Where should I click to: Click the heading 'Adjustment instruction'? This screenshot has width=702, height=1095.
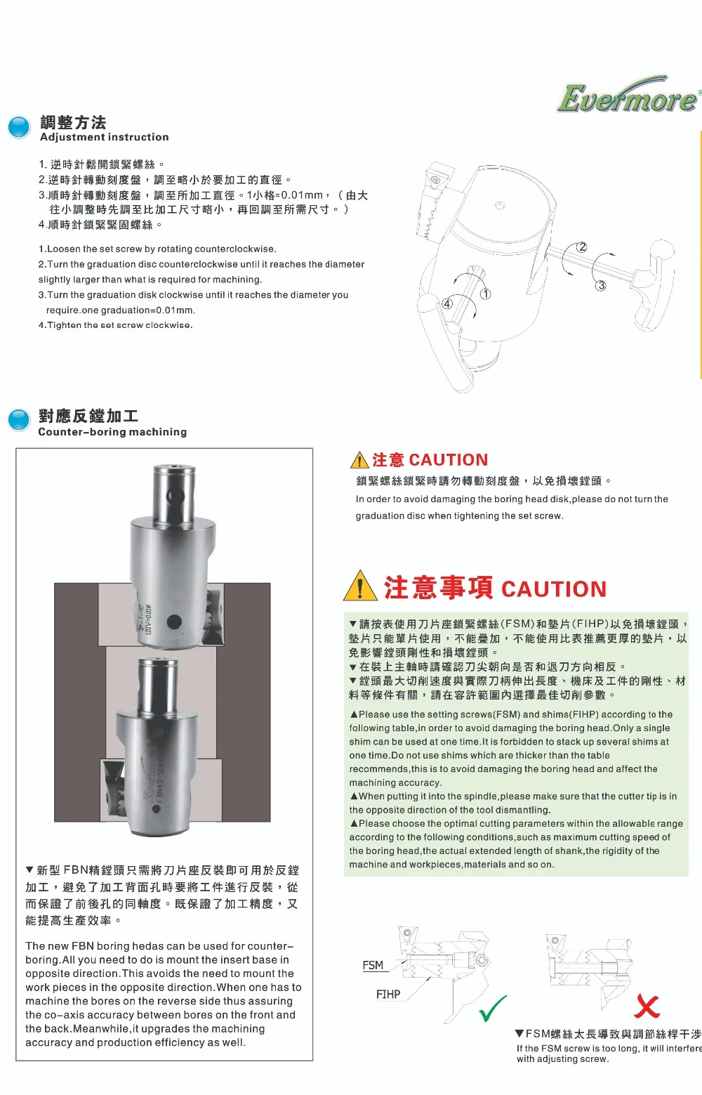(105, 138)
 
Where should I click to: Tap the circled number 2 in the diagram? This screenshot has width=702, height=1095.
(581, 247)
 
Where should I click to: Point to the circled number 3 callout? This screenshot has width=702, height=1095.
(601, 285)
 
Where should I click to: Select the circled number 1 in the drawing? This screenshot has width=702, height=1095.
(485, 294)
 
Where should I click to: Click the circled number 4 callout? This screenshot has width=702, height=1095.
(447, 304)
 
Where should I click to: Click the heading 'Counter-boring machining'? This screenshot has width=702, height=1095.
(112, 432)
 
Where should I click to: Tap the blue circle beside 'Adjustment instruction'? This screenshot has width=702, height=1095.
(20, 128)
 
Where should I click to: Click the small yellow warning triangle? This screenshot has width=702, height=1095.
(359, 459)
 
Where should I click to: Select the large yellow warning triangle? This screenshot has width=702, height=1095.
(361, 586)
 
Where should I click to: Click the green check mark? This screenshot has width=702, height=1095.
(492, 1009)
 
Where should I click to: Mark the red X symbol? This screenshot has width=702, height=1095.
(647, 1006)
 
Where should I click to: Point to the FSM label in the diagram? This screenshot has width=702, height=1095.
(373, 966)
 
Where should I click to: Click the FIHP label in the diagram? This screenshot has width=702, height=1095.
(388, 995)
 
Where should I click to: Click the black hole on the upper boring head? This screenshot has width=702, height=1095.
(174, 622)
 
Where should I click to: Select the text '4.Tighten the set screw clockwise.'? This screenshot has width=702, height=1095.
(116, 326)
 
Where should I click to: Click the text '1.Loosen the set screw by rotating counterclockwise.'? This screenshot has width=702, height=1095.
(157, 249)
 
